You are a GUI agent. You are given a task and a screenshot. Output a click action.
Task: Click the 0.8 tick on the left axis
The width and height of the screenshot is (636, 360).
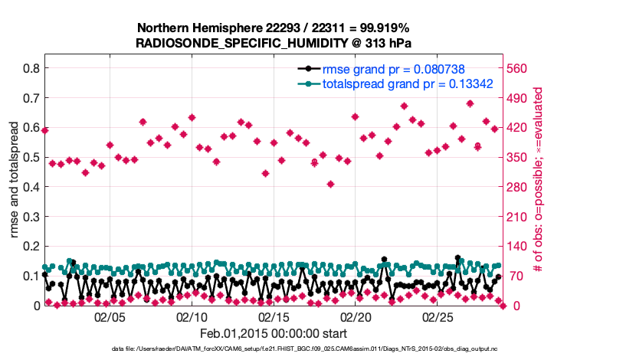(x=31, y=68)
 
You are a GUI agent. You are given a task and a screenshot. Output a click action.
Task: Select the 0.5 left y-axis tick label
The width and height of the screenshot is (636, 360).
(x=31, y=157)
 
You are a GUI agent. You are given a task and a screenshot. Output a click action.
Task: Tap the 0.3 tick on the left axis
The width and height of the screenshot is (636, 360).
(x=31, y=217)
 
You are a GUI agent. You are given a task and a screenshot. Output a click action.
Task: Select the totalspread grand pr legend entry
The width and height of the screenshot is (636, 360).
(x=407, y=83)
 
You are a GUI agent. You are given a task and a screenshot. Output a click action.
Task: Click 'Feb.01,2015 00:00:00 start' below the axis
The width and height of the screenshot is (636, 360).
(x=273, y=334)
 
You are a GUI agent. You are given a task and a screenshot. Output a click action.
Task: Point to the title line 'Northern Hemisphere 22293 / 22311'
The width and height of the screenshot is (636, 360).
(x=274, y=28)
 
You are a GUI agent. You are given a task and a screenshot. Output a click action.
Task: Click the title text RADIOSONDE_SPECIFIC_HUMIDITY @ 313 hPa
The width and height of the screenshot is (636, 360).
(x=274, y=43)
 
